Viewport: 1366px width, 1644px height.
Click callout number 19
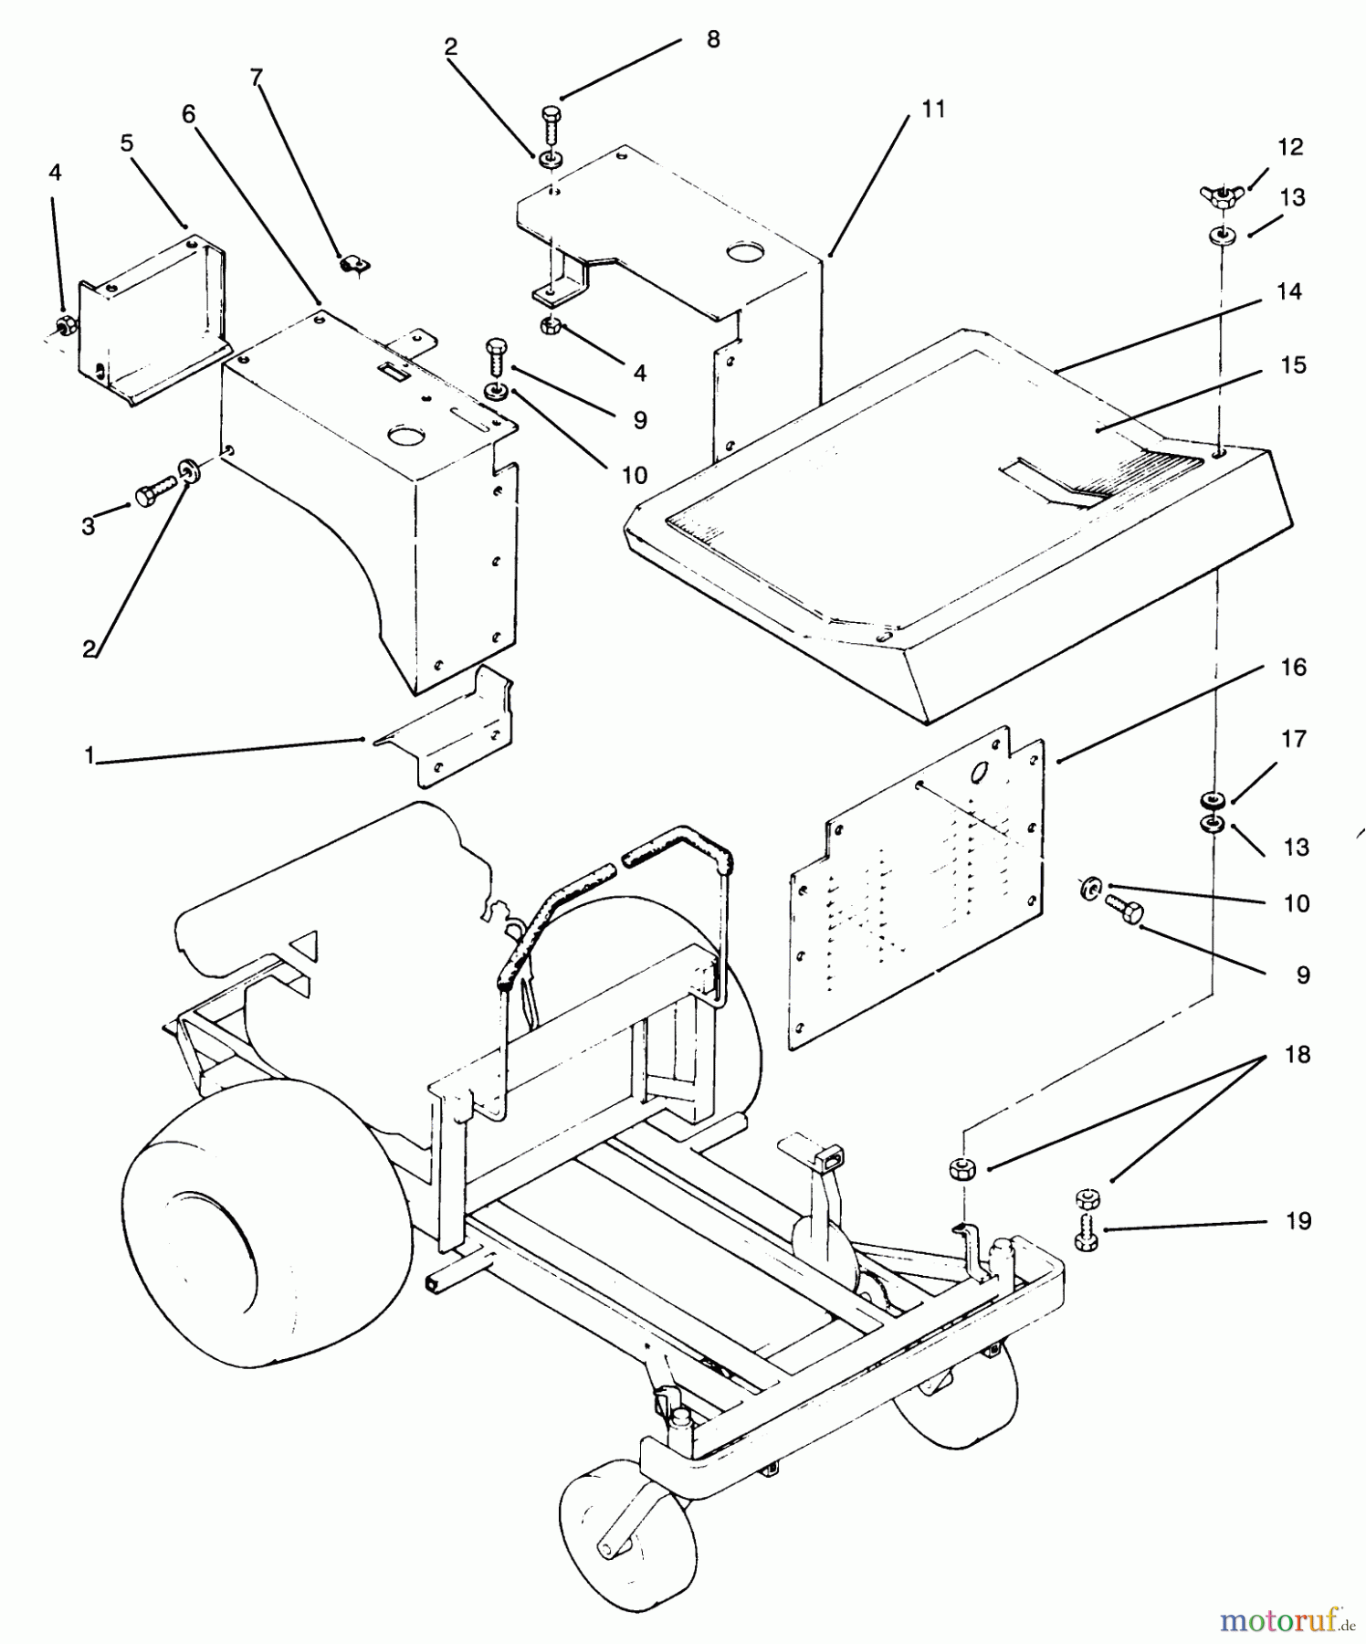point(1298,1220)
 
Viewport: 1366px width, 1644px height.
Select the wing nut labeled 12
point(1221,194)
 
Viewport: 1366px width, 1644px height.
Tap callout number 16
point(1293,668)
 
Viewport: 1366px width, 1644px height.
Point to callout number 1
point(89,756)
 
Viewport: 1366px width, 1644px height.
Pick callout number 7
point(257,78)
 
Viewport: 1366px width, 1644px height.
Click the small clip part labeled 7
point(352,266)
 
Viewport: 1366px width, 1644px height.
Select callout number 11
point(932,109)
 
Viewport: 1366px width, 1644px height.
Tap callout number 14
point(1288,291)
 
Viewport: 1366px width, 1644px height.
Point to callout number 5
point(126,142)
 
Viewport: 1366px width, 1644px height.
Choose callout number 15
point(1293,364)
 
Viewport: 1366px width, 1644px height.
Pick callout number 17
point(1294,738)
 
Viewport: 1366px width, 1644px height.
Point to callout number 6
point(188,114)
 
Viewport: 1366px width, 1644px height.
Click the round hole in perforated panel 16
point(980,773)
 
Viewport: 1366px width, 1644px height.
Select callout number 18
point(1297,1054)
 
